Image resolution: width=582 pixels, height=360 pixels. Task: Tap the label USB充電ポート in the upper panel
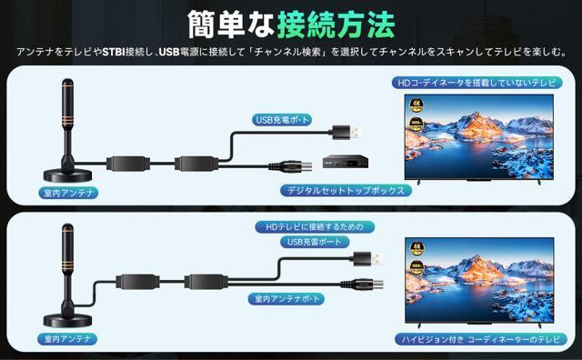pyautogui.click(x=282, y=118)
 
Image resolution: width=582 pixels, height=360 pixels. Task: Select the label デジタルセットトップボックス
pyautogui.click(x=345, y=191)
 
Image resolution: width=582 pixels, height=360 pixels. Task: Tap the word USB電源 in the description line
pyautogui.click(x=176, y=53)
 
